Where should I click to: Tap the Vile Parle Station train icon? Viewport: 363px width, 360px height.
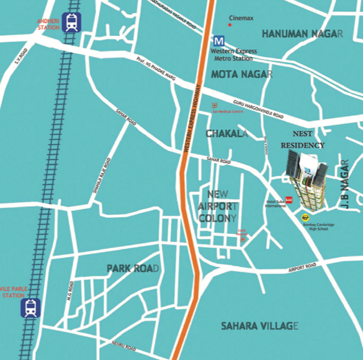coord(30,308)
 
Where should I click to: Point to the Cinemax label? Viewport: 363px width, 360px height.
coord(241,19)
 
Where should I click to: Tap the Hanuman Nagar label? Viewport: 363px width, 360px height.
coord(302,33)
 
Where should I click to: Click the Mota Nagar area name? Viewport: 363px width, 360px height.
coord(241,74)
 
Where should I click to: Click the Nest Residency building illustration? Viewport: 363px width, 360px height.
coord(305,180)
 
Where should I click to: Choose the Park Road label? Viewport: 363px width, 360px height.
coord(133,269)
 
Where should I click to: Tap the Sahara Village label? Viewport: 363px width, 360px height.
coord(260,325)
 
